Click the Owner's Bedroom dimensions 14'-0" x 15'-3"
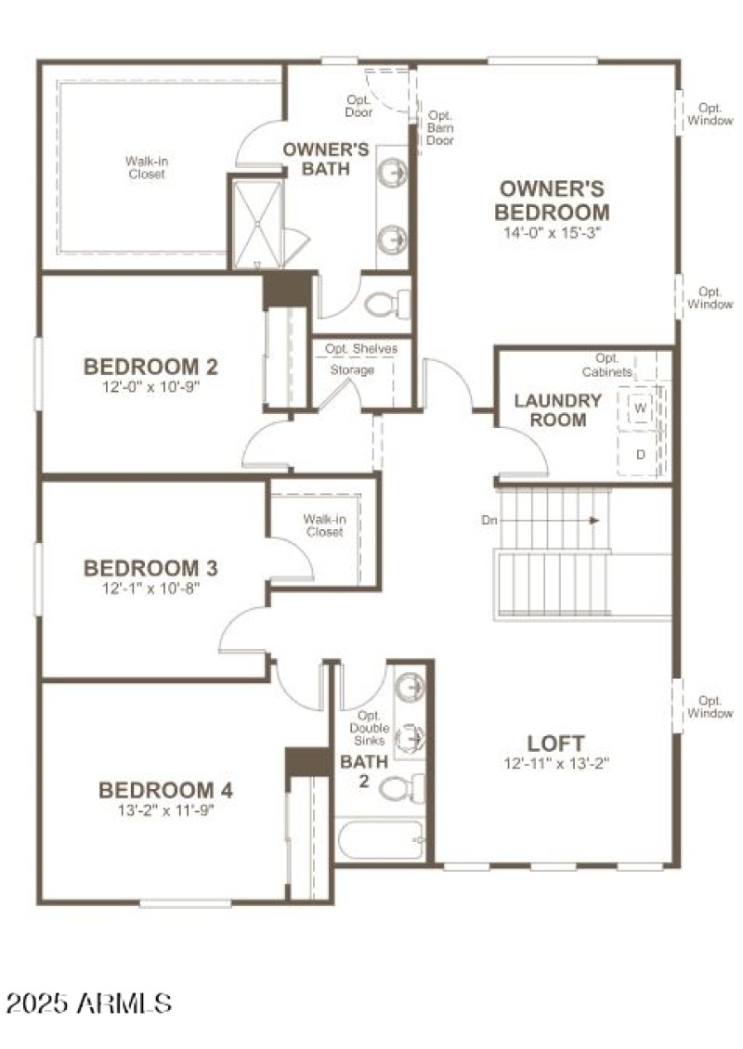(553, 233)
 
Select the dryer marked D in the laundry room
(641, 454)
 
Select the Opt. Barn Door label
(439, 128)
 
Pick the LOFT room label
(555, 744)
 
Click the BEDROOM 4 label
(165, 790)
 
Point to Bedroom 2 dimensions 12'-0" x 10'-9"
(152, 386)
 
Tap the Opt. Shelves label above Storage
(360, 349)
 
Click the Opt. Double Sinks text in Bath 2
(369, 729)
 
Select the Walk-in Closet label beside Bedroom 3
(322, 525)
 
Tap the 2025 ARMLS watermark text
(89, 1003)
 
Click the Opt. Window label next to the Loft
(710, 707)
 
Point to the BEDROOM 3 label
(151, 567)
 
